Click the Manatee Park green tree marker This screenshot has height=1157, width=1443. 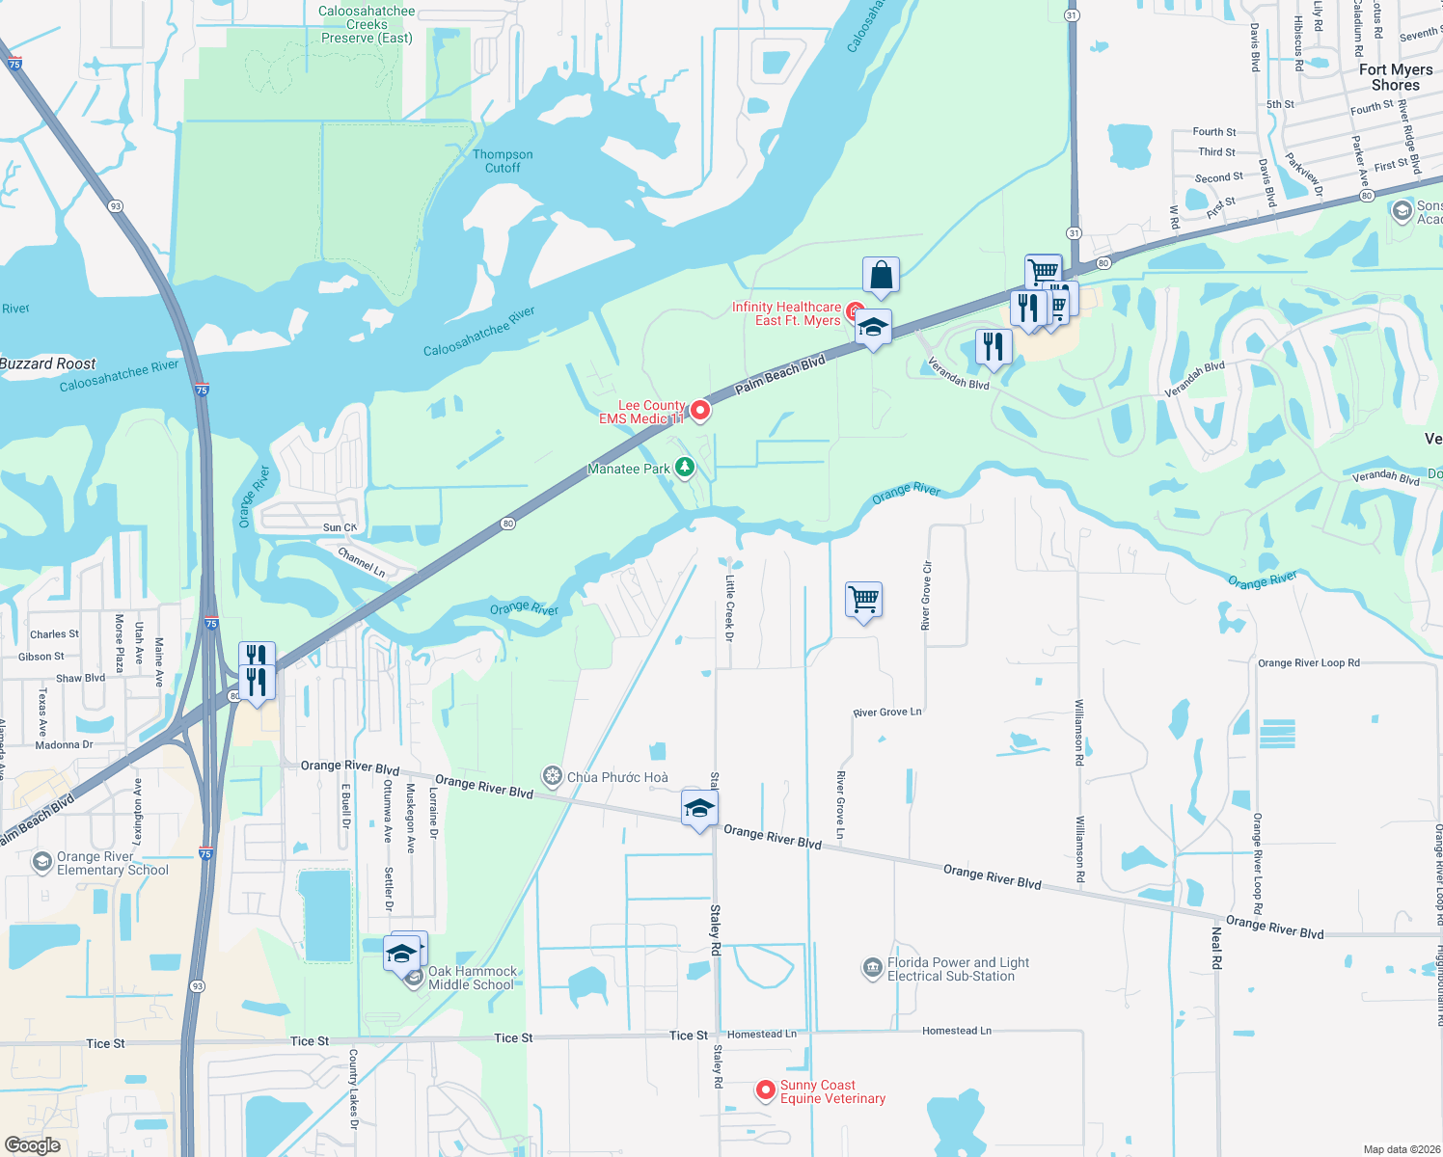(x=685, y=468)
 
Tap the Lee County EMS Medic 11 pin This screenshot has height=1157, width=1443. (x=700, y=411)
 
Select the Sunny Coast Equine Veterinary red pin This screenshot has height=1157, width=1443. (x=766, y=1090)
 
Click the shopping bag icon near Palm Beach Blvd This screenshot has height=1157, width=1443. (x=881, y=276)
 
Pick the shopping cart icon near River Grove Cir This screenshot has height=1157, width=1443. (x=863, y=600)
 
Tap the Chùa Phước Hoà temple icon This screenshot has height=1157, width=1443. (x=553, y=776)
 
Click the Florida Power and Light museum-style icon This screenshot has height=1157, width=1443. (x=872, y=967)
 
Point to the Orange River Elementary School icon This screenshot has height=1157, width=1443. (x=41, y=861)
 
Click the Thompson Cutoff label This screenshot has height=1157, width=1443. (x=503, y=161)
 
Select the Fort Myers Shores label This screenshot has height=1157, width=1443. (x=1395, y=77)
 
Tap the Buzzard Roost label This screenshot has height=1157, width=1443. (x=48, y=363)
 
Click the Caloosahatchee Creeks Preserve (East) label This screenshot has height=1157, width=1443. (x=367, y=25)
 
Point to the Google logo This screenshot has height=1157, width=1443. (x=33, y=1144)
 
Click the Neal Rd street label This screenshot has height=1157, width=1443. (x=1216, y=947)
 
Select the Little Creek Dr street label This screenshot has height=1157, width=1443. (x=730, y=607)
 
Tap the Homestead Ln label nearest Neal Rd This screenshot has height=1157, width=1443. (x=956, y=1031)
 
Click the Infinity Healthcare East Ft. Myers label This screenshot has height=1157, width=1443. (x=786, y=313)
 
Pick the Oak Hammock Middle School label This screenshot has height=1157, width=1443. (x=472, y=978)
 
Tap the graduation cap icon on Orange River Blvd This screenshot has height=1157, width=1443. (x=699, y=808)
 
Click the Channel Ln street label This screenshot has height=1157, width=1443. (x=362, y=562)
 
